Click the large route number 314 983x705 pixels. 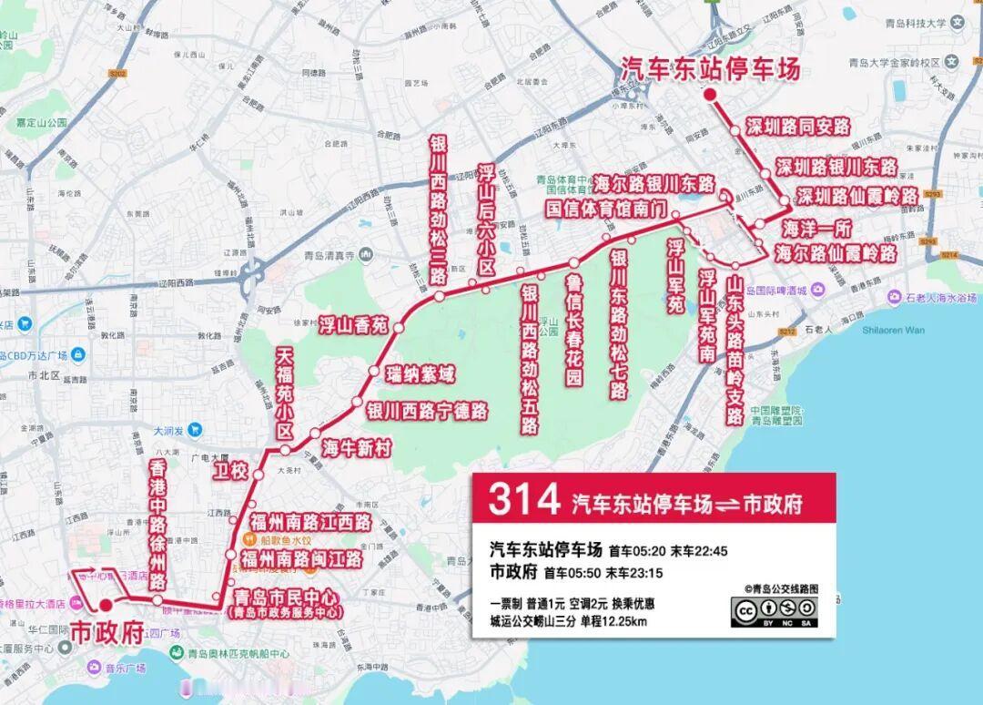(x=523, y=499)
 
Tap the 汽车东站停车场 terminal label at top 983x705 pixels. (x=710, y=69)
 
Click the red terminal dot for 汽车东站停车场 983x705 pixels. (x=710, y=95)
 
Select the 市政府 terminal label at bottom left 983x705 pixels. (x=107, y=632)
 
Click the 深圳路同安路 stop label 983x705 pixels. (x=797, y=127)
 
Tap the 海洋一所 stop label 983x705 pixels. (x=817, y=228)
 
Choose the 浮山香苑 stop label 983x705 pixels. (x=353, y=322)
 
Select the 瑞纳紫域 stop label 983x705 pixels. (x=420, y=373)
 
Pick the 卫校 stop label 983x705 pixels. (x=229, y=470)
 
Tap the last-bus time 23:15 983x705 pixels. (x=643, y=573)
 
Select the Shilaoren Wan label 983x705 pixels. (x=893, y=330)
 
